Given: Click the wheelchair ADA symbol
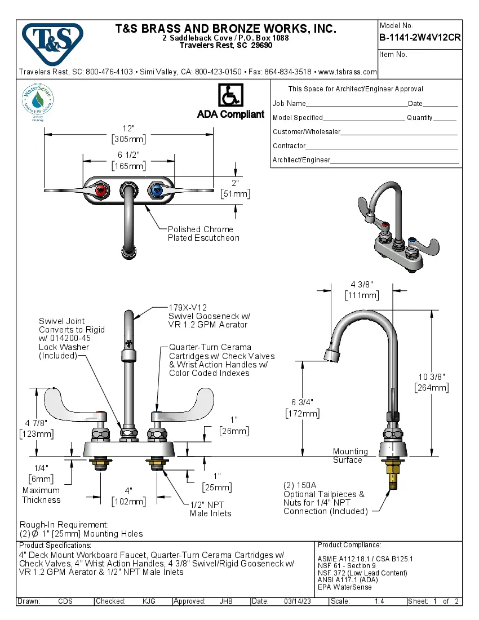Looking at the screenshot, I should (x=230, y=96).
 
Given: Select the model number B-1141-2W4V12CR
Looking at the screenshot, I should (x=420, y=38).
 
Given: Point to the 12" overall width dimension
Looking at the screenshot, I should (x=129, y=129).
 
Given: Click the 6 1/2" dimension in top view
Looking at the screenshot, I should (x=128, y=155).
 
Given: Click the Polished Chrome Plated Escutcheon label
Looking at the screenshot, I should (x=203, y=233).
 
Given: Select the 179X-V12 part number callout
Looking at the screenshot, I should (x=188, y=308).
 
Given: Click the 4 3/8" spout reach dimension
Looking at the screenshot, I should (x=361, y=284).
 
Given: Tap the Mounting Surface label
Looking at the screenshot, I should (x=350, y=455).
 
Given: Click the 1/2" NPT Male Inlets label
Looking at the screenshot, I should (x=210, y=508).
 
